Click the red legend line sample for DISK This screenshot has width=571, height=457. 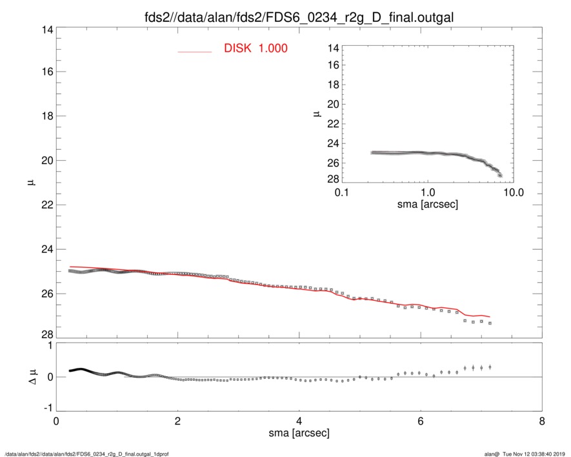click(194, 52)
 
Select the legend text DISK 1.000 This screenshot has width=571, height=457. click(255, 48)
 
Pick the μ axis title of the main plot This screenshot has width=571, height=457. click(30, 183)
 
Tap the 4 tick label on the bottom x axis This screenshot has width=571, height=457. click(299, 421)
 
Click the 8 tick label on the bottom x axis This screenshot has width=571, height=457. click(541, 421)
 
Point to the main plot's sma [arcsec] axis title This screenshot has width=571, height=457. click(299, 434)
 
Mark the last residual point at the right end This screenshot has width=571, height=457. click(490, 367)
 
